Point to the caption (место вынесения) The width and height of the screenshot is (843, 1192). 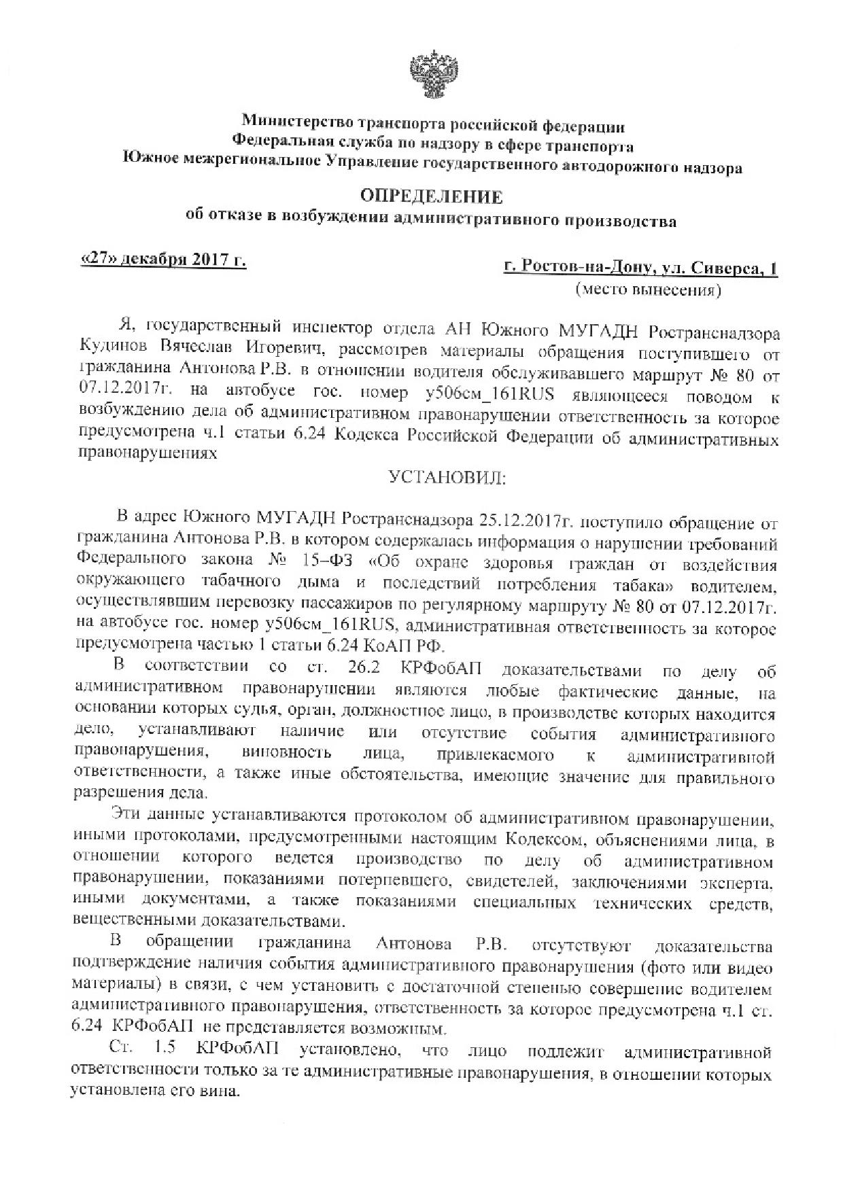(x=647, y=290)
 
